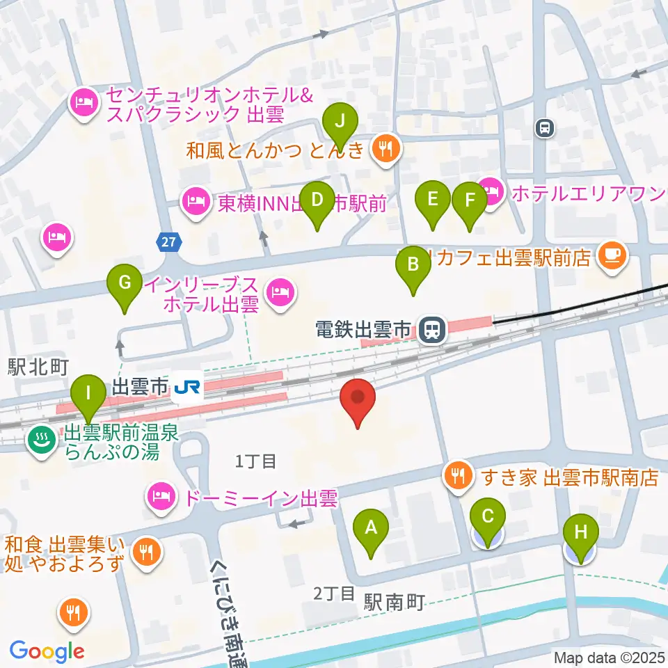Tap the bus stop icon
(544, 127)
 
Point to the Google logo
(47, 651)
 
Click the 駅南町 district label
(394, 603)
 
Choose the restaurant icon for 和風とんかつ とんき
(384, 148)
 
